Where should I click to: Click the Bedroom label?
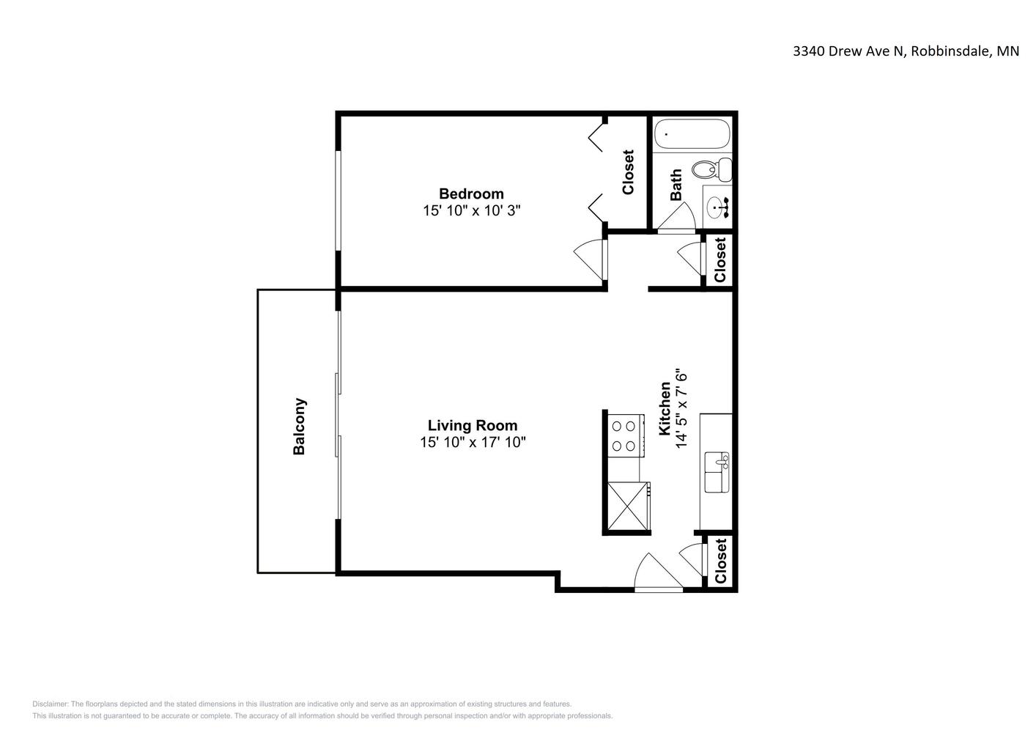(471, 194)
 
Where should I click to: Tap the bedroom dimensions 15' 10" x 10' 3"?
(472, 210)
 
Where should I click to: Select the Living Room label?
(473, 425)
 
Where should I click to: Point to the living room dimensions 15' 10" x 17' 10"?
(473, 442)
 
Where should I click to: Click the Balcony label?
(299, 426)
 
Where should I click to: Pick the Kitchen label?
(664, 408)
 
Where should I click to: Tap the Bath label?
(676, 185)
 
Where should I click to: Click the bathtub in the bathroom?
(692, 133)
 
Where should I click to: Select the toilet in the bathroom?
(712, 169)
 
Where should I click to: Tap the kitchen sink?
(717, 472)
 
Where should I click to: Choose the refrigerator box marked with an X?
(628, 506)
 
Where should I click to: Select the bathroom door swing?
(676, 216)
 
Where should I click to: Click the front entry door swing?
(659, 572)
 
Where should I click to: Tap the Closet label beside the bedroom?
(628, 172)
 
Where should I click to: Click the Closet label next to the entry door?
(720, 561)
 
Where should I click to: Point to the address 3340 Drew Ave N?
(848, 51)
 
